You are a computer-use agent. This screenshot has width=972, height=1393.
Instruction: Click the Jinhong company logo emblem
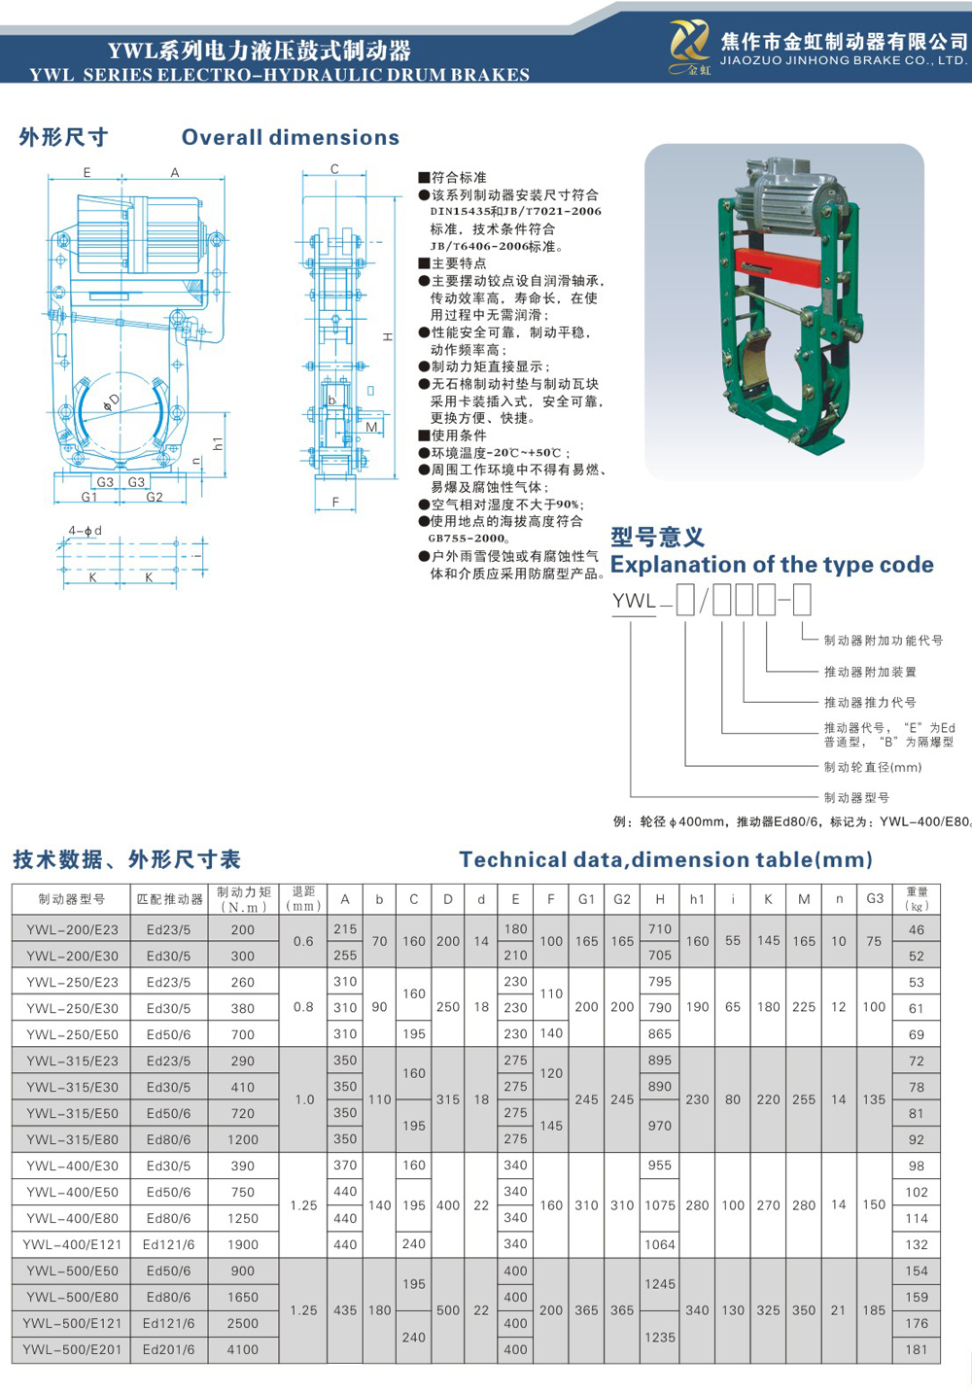tap(689, 46)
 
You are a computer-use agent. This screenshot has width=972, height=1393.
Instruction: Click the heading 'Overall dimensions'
tap(291, 138)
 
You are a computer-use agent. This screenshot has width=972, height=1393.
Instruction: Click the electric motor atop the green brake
tap(786, 193)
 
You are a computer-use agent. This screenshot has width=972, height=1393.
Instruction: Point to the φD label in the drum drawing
tap(113, 401)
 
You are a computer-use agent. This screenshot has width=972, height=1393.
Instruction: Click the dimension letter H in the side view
tap(387, 337)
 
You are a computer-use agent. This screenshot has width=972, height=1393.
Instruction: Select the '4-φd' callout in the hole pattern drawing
tap(85, 531)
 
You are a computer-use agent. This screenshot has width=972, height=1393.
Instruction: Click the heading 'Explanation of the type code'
tap(772, 565)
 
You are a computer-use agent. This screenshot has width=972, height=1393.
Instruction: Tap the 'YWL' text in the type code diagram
tap(635, 601)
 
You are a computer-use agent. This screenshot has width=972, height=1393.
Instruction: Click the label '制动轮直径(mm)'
tap(873, 767)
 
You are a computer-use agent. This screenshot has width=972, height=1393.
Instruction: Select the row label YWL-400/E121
tap(72, 1244)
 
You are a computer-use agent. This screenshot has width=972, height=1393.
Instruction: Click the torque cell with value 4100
tap(243, 1349)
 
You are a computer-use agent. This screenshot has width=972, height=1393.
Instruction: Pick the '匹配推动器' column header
tap(169, 899)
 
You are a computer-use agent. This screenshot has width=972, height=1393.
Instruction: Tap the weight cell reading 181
tap(917, 1349)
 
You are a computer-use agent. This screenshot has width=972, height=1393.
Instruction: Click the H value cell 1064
tap(660, 1244)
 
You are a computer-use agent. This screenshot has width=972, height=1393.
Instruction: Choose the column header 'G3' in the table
tap(875, 899)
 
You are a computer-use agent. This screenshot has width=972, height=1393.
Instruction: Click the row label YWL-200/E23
tap(72, 929)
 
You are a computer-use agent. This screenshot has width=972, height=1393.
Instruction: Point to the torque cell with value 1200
tap(243, 1139)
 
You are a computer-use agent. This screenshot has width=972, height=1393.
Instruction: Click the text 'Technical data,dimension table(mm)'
tap(666, 859)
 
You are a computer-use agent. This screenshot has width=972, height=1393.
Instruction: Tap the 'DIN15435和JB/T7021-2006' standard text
tap(515, 211)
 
